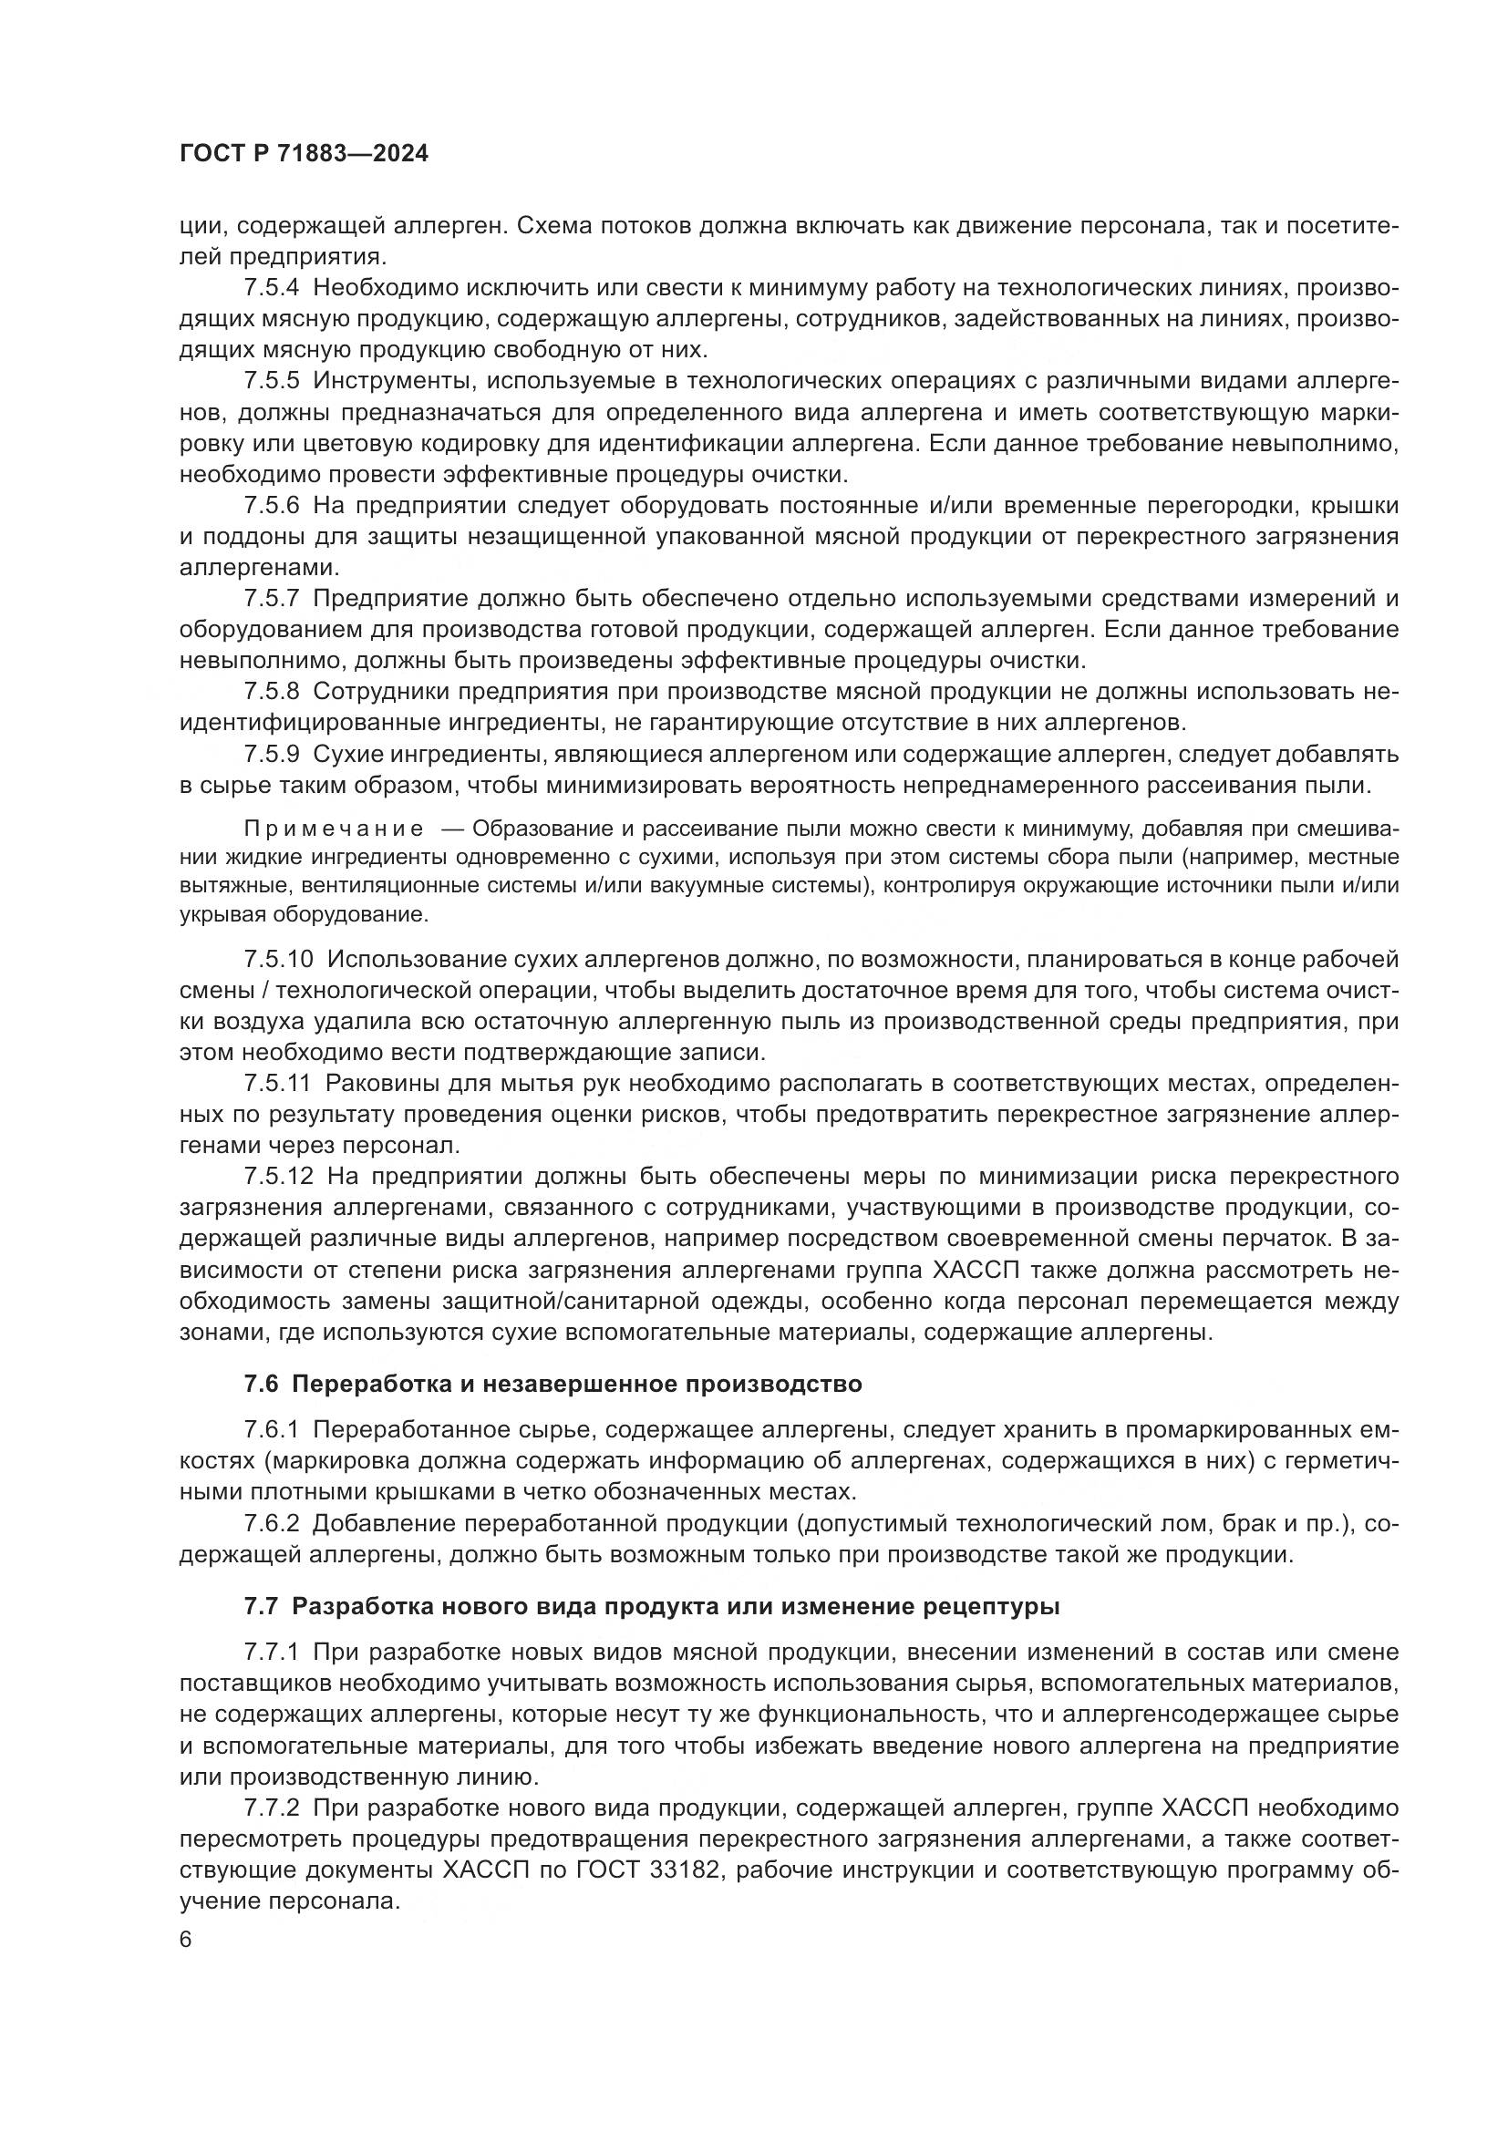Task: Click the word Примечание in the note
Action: tap(334, 829)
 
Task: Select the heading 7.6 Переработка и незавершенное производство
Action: tap(553, 1385)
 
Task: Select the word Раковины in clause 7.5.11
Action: tap(388, 1083)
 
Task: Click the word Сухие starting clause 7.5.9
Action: tap(346, 753)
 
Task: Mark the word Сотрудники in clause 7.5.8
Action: tap(380, 691)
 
